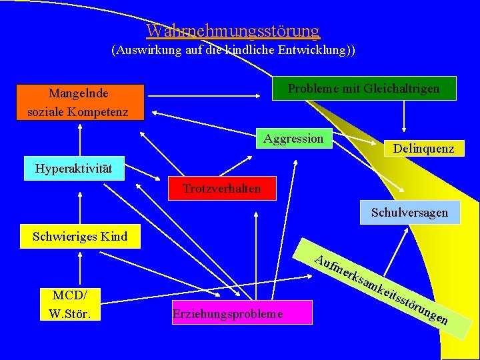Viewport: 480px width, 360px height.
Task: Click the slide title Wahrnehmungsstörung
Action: click(233, 31)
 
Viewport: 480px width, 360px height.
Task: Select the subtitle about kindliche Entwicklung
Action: click(233, 50)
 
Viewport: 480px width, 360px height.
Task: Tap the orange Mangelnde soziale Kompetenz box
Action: click(78, 102)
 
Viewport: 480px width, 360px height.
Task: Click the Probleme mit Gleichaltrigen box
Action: click(364, 89)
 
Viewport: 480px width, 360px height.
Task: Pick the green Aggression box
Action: click(293, 139)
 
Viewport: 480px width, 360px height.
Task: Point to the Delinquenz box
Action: click(423, 149)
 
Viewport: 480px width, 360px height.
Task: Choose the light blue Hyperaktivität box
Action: click(73, 168)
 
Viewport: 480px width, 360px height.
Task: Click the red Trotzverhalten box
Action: click(222, 189)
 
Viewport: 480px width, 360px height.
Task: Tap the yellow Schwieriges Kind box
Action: click(80, 236)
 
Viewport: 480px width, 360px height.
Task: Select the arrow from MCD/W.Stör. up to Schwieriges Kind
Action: click(79, 268)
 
